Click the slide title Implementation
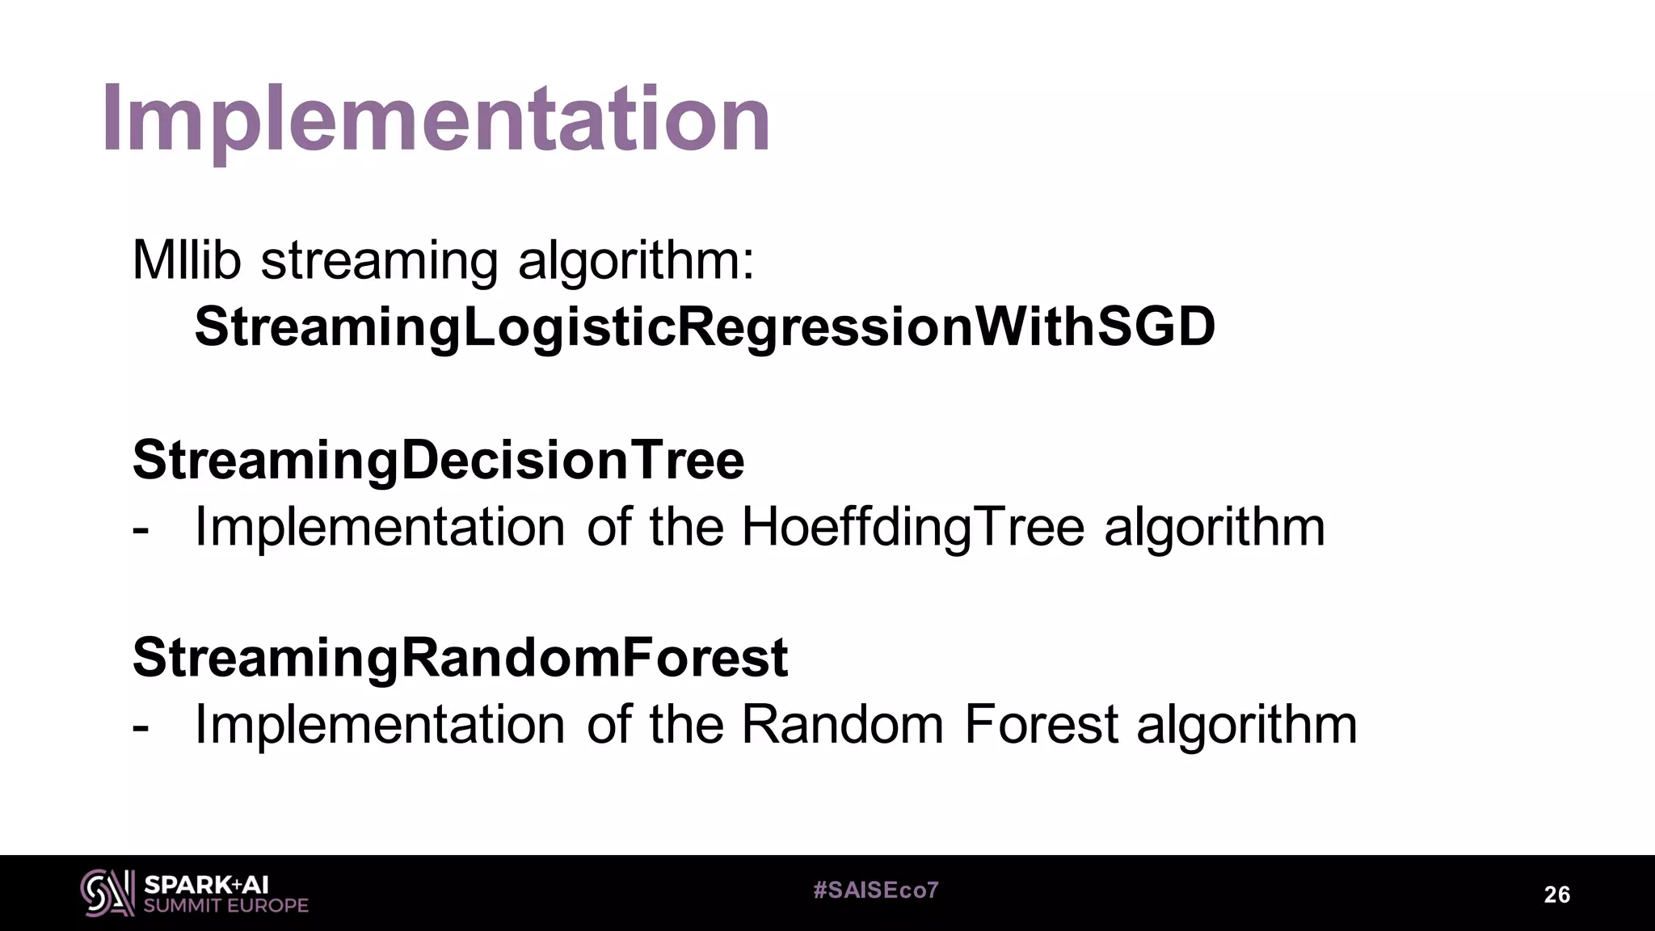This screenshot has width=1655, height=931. [x=436, y=120]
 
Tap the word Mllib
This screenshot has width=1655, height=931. [x=187, y=260]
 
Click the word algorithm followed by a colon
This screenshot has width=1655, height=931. [x=635, y=262]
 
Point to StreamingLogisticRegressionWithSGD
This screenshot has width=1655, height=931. [x=705, y=327]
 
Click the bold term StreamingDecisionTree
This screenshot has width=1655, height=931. [x=438, y=460]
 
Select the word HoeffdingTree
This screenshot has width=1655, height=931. [x=912, y=527]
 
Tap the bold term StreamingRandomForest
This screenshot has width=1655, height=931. [x=460, y=657]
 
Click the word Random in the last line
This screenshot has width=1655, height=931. [x=842, y=724]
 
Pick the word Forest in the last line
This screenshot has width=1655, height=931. [x=1041, y=724]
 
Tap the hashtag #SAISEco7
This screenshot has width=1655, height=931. [x=876, y=891]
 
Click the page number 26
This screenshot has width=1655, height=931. [x=1556, y=895]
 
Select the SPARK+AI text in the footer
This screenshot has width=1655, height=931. [x=206, y=885]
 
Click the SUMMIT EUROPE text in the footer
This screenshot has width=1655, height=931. [x=225, y=906]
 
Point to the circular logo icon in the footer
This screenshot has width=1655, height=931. [x=107, y=893]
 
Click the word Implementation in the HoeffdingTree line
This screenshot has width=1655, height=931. [x=380, y=527]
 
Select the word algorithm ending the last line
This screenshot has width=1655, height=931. [x=1247, y=724]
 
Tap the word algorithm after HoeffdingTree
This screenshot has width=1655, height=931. [x=1215, y=527]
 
